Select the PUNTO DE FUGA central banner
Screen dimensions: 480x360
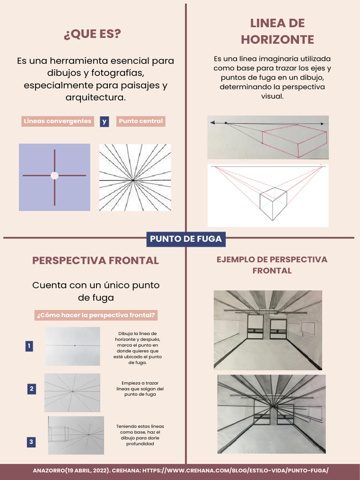tap(186, 239)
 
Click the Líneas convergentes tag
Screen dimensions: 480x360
tap(57, 121)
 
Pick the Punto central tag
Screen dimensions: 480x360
tap(141, 121)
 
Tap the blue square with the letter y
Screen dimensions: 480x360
tap(105, 121)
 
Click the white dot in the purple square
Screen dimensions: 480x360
tap(54, 176)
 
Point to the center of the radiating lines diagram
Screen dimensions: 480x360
tap(134, 180)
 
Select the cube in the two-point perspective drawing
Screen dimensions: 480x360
tap(273, 203)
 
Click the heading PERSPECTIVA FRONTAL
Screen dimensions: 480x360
tap(95, 261)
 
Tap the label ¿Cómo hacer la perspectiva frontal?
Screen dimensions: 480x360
tap(96, 315)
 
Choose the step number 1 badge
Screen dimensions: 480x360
tap(29, 346)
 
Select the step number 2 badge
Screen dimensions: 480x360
tap(31, 389)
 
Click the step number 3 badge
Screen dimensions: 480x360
tap(31, 442)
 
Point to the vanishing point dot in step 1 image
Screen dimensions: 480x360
tap(75, 345)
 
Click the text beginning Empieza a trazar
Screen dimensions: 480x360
tap(140, 389)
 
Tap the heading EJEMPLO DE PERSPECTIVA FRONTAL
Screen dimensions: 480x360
tap(272, 265)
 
